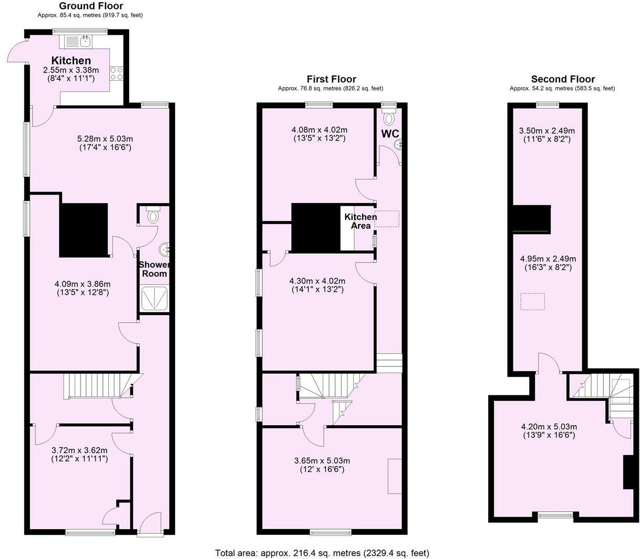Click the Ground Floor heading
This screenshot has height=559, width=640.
[90, 6]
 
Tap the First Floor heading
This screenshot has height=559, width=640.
[331, 79]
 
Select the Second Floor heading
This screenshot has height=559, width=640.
[563, 79]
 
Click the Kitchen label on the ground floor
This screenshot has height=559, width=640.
[71, 60]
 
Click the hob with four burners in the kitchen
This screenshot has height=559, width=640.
[116, 73]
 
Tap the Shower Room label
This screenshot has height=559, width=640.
[154, 269]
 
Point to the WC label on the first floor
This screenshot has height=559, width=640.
[390, 134]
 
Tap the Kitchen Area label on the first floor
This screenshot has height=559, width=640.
[360, 221]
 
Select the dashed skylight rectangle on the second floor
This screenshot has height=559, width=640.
[533, 302]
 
